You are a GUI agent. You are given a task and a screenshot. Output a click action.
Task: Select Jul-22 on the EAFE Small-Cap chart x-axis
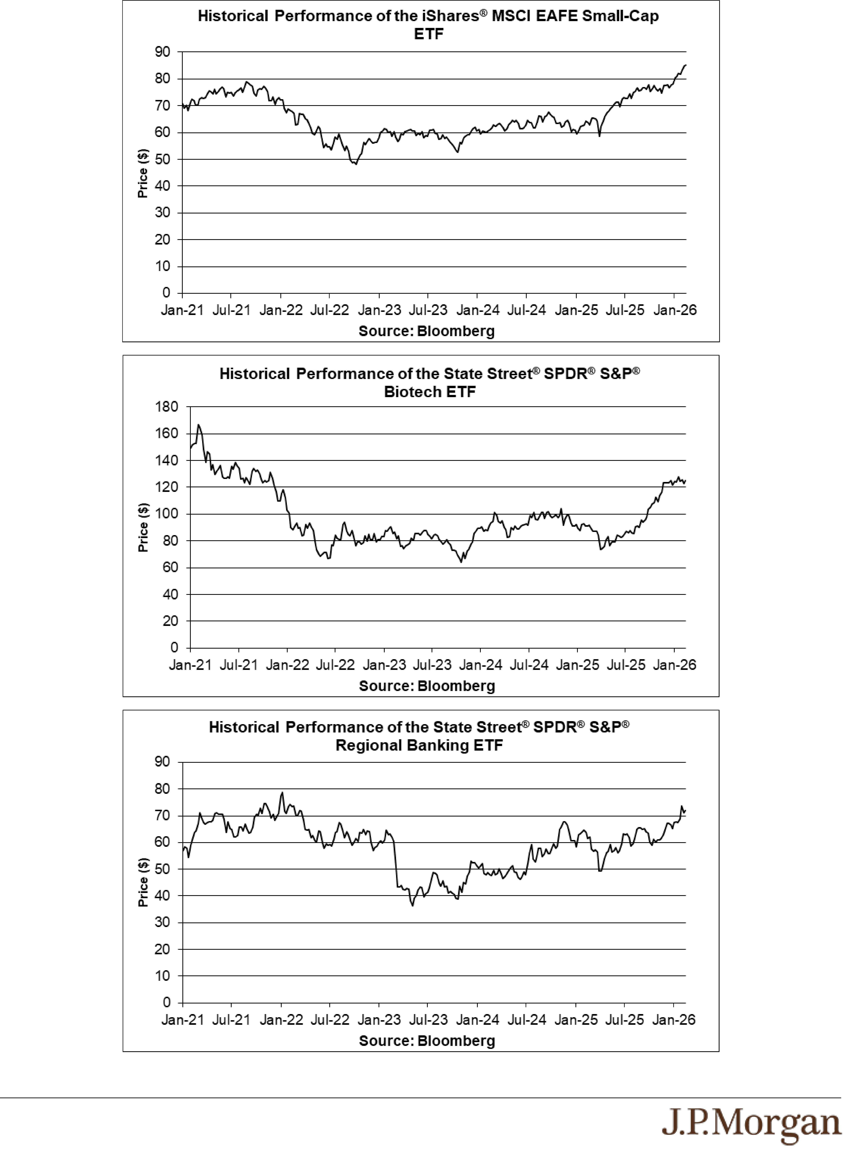click(x=330, y=310)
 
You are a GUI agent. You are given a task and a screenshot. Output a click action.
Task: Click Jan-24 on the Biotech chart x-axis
click(x=480, y=665)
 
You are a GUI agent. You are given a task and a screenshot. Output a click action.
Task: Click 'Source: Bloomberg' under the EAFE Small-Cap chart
click(x=427, y=331)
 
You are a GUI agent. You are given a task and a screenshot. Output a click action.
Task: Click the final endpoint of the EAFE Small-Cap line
click(x=686, y=65)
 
